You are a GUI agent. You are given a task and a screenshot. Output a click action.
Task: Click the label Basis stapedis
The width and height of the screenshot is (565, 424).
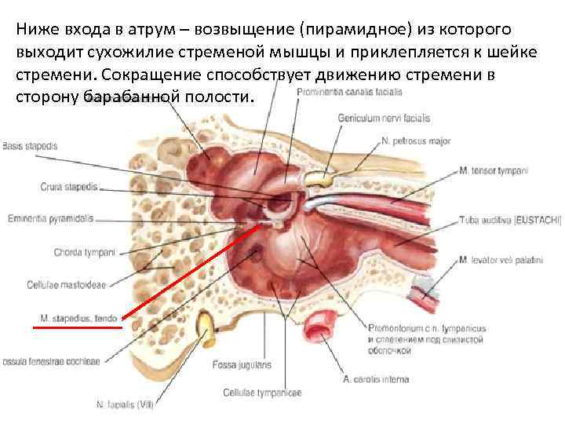coord(30,146)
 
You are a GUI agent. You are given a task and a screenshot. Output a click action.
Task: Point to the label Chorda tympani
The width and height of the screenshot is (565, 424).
coord(85,252)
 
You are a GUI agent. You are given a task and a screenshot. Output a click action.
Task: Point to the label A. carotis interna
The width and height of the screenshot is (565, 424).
coord(376,380)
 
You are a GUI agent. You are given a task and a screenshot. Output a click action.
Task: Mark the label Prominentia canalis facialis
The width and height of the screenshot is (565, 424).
coord(349,91)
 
